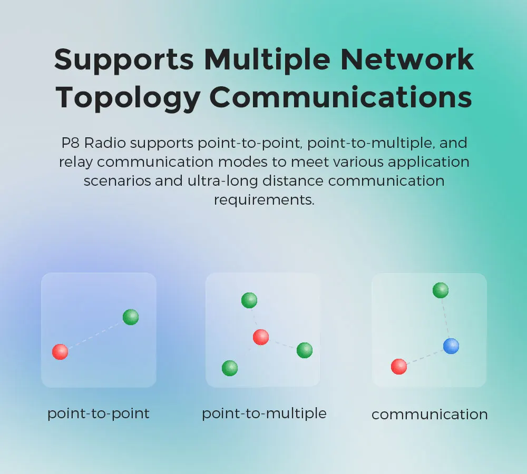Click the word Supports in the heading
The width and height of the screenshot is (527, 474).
[124, 59]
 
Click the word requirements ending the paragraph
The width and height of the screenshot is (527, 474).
[263, 200]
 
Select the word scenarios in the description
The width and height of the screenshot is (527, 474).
[116, 181]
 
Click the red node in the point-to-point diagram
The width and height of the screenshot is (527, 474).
[60, 352]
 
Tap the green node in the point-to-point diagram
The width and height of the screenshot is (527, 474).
[131, 317]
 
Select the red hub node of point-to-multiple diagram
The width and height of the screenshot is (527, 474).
[261, 337]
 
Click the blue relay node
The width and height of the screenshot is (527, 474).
[451, 346]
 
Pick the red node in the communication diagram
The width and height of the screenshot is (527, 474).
[399, 366]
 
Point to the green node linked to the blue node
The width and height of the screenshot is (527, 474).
[441, 290]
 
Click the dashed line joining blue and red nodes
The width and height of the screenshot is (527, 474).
[425, 356]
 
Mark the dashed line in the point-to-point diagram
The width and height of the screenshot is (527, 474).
[95, 335]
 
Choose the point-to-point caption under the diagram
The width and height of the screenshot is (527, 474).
[99, 414]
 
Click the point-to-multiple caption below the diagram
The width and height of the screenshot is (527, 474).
[264, 414]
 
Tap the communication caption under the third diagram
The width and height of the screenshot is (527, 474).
[430, 415]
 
